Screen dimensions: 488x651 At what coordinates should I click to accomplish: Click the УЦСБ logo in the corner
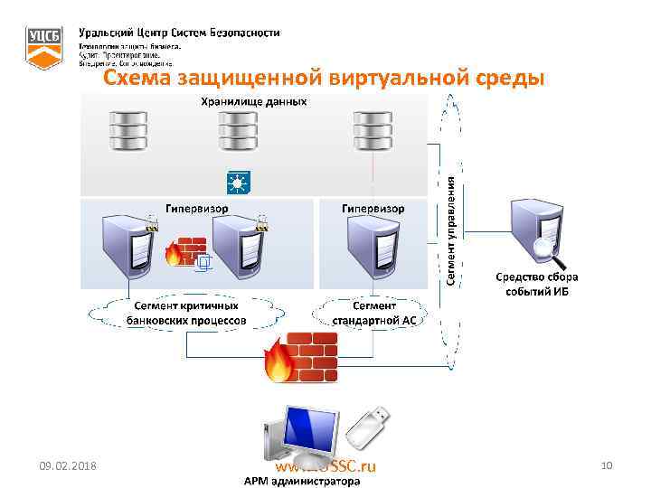click(43, 46)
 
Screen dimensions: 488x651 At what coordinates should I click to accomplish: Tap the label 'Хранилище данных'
click(253, 101)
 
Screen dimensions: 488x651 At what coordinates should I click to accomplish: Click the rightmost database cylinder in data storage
click(373, 132)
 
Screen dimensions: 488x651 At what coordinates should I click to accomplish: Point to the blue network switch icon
click(238, 183)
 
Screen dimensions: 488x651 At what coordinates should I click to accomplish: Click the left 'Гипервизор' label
click(196, 208)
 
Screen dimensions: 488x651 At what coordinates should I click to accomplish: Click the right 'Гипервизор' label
click(373, 208)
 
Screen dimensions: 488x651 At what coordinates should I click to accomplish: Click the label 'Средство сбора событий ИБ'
click(536, 284)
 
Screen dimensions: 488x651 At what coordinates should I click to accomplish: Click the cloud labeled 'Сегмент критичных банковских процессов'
click(186, 312)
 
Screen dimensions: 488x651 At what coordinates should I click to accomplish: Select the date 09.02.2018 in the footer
click(70, 465)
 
